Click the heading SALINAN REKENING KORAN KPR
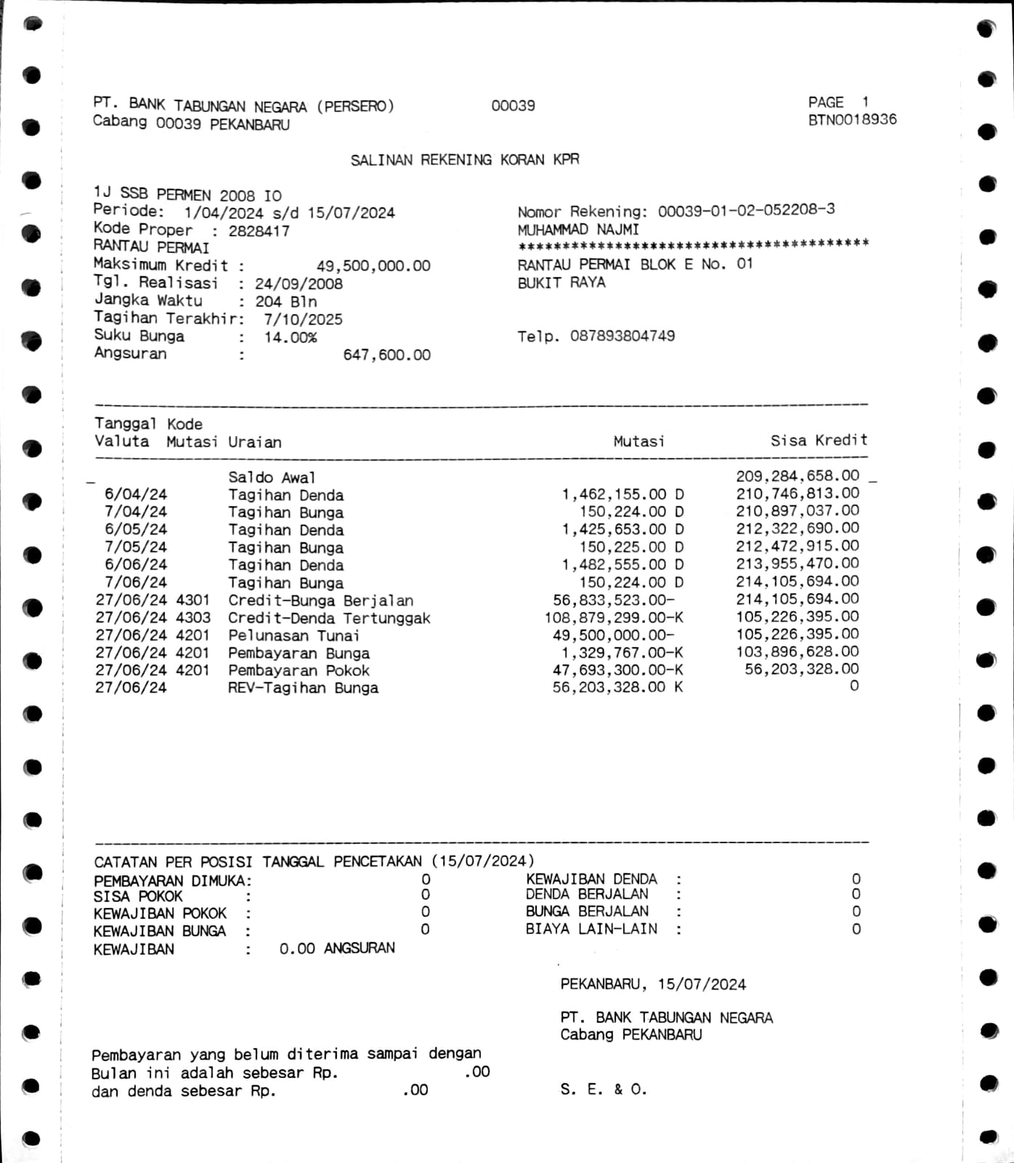point(465,160)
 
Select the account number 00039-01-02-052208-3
point(746,210)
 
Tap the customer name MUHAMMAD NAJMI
point(578,230)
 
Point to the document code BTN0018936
point(852,120)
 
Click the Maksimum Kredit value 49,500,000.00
point(373,266)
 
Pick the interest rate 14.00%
point(290,337)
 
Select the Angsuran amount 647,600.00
point(386,355)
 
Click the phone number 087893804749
point(622,336)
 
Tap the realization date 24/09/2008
point(299,283)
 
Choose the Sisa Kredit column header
point(819,440)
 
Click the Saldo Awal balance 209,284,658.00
point(798,476)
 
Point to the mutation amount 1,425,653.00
point(614,529)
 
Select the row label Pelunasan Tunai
point(293,635)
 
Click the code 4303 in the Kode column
point(192,618)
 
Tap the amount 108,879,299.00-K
point(614,618)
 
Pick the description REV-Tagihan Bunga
point(303,688)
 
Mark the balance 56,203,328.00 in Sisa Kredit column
point(801,669)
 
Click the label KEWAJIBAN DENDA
point(591,879)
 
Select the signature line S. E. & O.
point(603,1089)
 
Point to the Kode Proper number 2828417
point(259,231)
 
